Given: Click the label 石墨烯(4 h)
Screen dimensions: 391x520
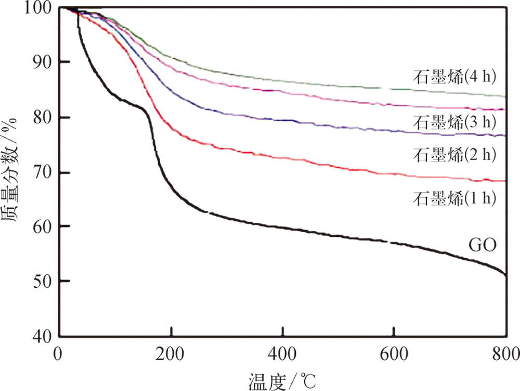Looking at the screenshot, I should [455, 77].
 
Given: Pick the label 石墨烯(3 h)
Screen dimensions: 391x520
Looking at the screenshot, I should [455, 123].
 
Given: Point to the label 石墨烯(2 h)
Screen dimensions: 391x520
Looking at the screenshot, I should [455, 154].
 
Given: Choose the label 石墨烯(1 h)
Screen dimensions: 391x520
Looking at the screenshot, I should [455, 198].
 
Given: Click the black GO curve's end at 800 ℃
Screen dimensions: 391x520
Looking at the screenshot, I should [505, 274].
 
